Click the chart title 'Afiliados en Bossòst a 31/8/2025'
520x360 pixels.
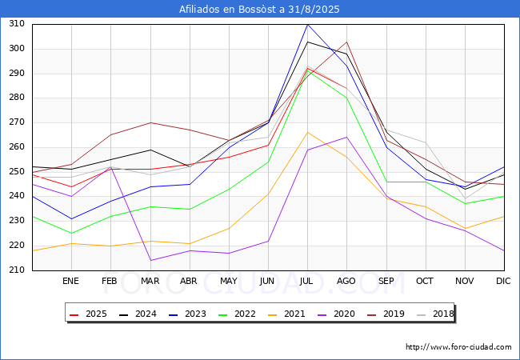coord(260,10)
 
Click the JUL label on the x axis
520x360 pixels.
coord(307,281)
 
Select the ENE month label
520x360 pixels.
coord(71,281)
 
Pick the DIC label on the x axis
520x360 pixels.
coord(504,281)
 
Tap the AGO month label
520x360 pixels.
coord(346,281)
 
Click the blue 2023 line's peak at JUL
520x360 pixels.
coord(307,24)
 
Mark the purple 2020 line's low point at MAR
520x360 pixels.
coord(150,260)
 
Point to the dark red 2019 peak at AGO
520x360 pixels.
coord(346,42)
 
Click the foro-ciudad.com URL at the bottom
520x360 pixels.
coord(458,347)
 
